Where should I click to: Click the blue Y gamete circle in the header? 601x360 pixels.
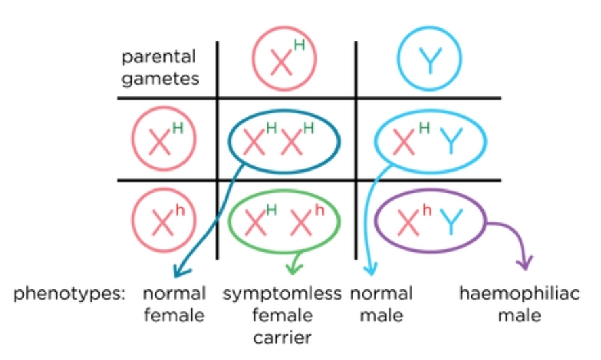click(x=429, y=62)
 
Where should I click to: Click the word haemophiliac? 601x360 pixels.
click(x=520, y=294)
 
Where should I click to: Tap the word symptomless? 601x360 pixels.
click(x=282, y=294)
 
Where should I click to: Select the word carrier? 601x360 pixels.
click(x=282, y=336)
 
